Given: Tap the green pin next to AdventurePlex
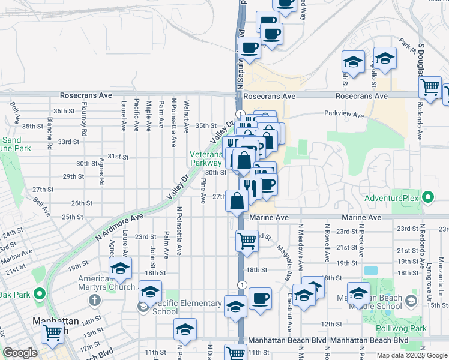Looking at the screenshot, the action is click(427, 197).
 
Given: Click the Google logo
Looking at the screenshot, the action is click(19, 353).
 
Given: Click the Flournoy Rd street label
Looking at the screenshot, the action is click(85, 123).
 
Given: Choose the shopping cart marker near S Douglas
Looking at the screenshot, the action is click(430, 88).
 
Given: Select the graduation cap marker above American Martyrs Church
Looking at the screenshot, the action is click(120, 268).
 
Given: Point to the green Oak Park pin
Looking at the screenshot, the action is click(40, 294).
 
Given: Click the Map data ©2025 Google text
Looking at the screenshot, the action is click(411, 355).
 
